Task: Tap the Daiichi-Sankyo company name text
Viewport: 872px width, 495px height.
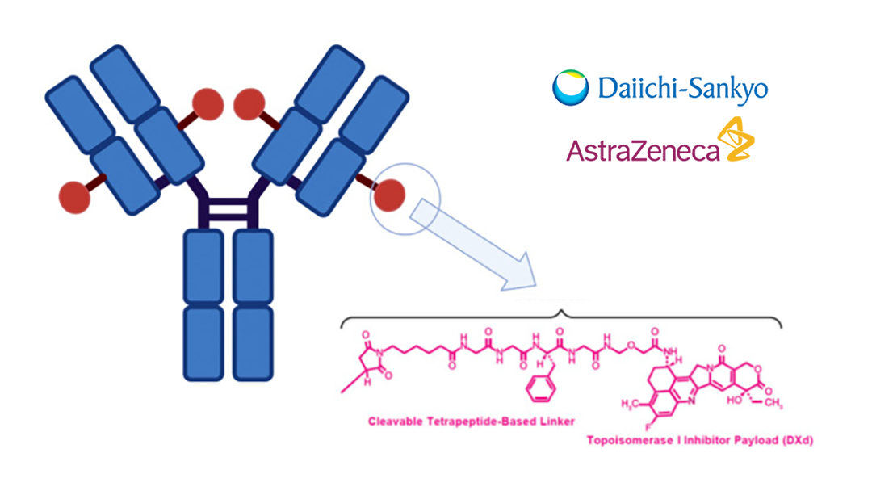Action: coord(682,88)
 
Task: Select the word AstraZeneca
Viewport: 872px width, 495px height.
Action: coord(643,149)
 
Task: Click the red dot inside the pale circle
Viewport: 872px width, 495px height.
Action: coord(390,195)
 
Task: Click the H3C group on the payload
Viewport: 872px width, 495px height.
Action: coord(631,401)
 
